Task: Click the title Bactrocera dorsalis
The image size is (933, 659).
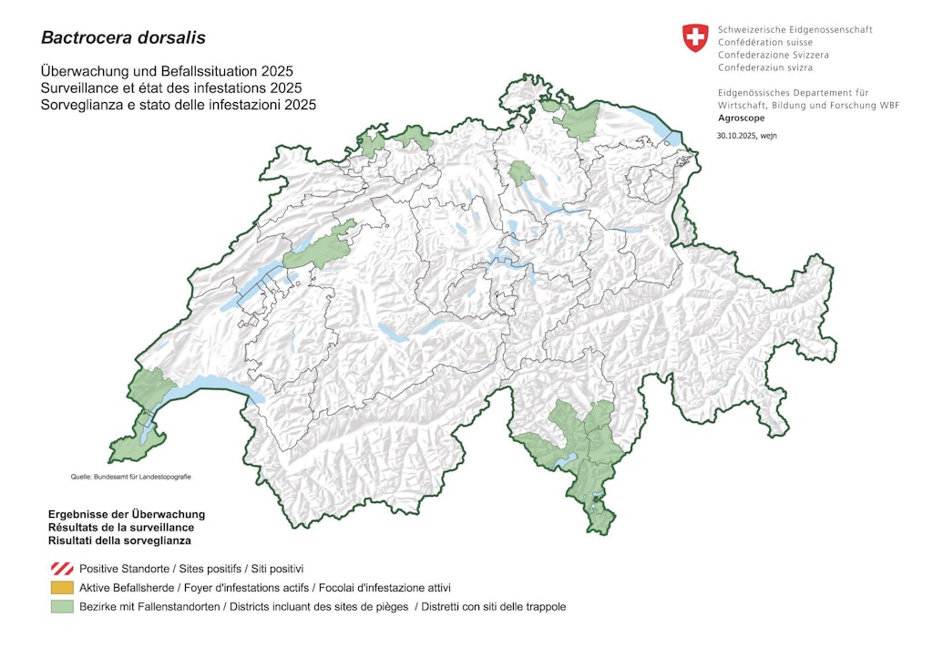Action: pos(123,38)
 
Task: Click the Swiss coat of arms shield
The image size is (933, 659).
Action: pos(695,38)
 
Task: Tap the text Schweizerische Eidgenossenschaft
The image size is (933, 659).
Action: pos(795,30)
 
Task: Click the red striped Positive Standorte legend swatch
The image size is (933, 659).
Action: pos(62,569)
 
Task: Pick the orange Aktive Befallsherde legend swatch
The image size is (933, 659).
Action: pos(62,588)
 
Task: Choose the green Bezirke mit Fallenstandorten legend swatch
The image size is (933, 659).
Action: pos(62,607)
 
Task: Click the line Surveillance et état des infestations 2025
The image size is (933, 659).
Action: pos(171,88)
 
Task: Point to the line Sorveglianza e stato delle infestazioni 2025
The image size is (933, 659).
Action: pos(178,105)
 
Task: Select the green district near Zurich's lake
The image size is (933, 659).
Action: pos(521,173)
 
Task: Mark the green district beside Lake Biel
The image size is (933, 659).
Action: pos(319,247)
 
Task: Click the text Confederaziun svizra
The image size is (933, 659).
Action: pos(765,67)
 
